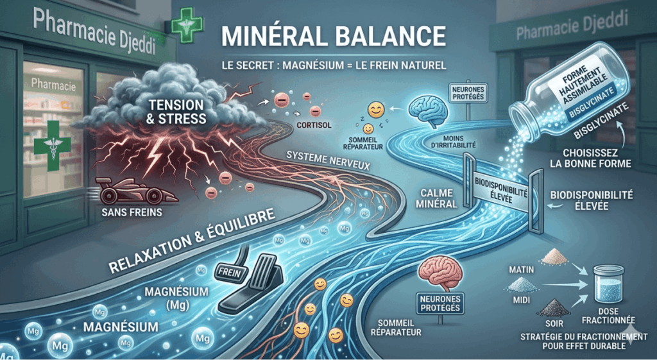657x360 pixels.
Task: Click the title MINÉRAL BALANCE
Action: click(x=333, y=37)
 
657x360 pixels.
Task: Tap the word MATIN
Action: click(x=521, y=270)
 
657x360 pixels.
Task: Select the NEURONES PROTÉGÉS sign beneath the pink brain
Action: click(x=439, y=304)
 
